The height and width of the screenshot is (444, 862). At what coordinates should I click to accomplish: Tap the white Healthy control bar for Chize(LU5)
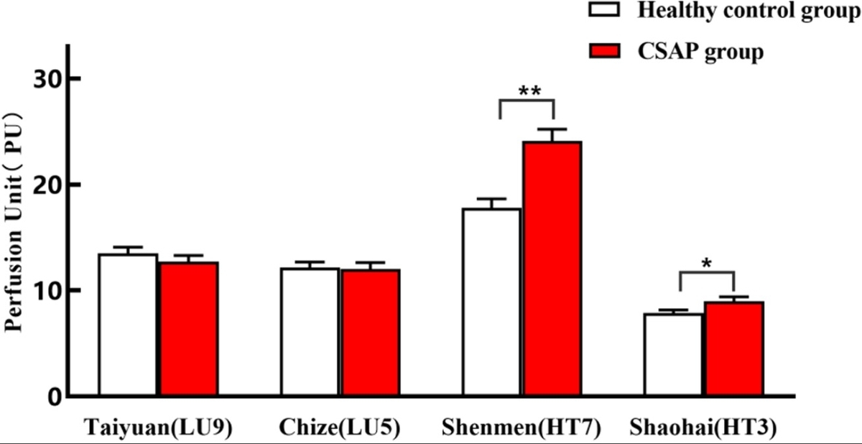(x=310, y=332)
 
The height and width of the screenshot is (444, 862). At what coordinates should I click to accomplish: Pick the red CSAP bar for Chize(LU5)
(x=370, y=333)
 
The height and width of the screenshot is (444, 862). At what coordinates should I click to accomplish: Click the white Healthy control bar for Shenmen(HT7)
(x=491, y=302)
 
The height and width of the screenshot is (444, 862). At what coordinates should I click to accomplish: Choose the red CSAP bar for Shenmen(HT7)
(x=552, y=269)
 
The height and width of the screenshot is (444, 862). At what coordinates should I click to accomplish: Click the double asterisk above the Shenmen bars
(x=529, y=91)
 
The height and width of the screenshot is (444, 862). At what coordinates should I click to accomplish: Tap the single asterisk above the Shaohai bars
(x=707, y=264)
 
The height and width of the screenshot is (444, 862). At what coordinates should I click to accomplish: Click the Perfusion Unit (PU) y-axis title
(x=16, y=222)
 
